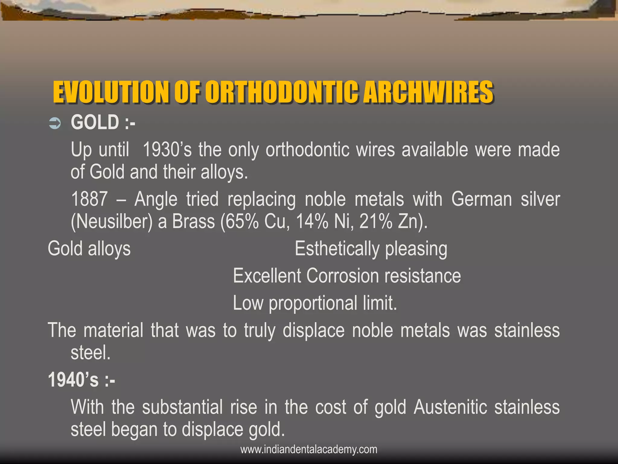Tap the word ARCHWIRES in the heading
click(x=428, y=92)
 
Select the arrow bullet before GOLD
click(x=55, y=123)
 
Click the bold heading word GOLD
click(x=95, y=122)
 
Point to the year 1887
click(x=89, y=199)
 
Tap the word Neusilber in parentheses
click(x=111, y=222)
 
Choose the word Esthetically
click(x=337, y=250)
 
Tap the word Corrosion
click(x=342, y=276)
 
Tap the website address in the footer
click(x=309, y=449)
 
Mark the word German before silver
click(x=482, y=199)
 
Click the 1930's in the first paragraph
click(x=167, y=150)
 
